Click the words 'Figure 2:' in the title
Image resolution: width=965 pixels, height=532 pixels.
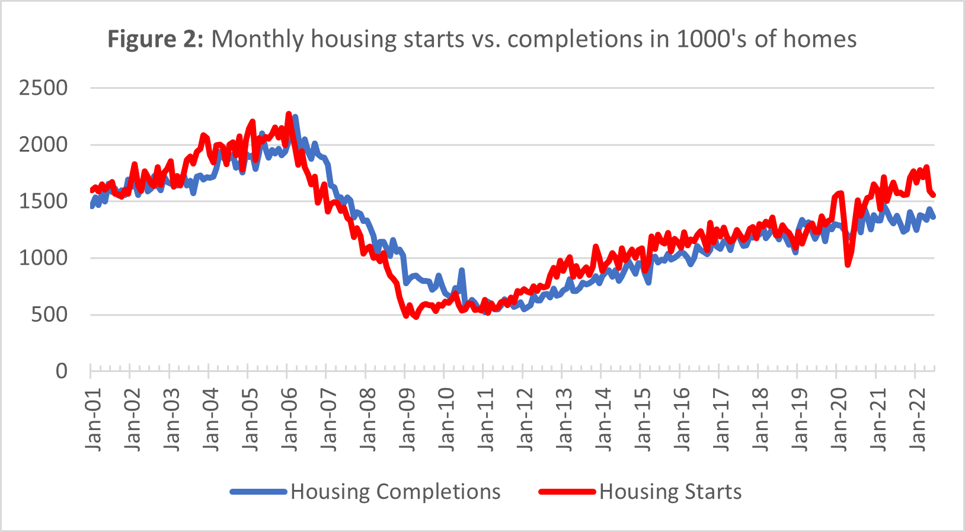(x=155, y=40)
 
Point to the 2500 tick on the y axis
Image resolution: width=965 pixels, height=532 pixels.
(x=43, y=88)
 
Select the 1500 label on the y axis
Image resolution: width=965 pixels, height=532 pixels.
(x=43, y=201)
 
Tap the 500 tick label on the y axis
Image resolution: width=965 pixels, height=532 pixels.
(x=49, y=315)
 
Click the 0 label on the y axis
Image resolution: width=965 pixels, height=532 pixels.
(x=61, y=371)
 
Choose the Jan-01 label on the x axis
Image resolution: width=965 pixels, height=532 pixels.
(x=94, y=420)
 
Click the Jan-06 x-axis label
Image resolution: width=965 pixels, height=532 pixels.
(x=290, y=420)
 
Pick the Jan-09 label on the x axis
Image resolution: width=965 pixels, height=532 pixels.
(x=408, y=420)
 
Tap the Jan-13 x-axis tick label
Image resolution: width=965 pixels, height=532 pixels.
(x=565, y=420)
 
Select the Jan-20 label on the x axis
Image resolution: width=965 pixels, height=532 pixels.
(x=839, y=420)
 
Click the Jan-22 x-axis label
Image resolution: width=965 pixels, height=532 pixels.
(x=918, y=420)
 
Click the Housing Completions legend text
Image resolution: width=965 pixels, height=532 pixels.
(x=395, y=492)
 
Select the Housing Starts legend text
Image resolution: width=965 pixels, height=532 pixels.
(x=670, y=492)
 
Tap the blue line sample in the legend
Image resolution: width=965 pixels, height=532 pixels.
(x=259, y=492)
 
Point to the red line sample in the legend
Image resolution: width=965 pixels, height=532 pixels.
(x=567, y=492)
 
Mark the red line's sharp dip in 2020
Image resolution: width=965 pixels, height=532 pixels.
(x=848, y=265)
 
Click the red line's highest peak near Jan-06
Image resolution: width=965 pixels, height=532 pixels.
(x=289, y=113)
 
